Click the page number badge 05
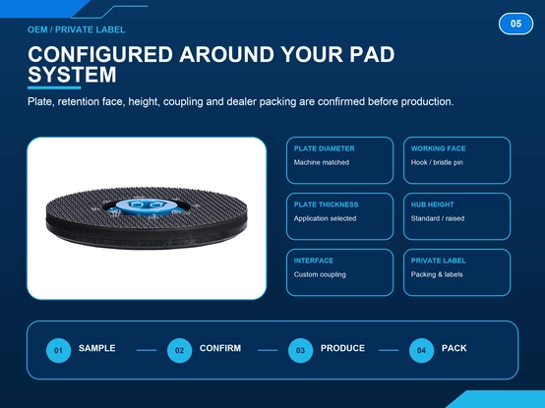pos(515,24)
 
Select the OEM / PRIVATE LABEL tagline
pos(77,29)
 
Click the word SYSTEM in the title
pos(72,75)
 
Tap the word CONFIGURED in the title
pos(100,54)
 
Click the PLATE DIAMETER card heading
pos(324,148)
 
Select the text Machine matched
pos(322,162)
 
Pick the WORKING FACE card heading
pos(438,148)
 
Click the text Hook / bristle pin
pos(437,162)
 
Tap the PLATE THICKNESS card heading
pos(326,204)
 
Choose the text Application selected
pos(325,218)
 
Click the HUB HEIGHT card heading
pos(433,204)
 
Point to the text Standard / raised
pos(438,218)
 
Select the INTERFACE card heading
pos(314,261)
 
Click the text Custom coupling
pos(320,274)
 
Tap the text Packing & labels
pos(437,274)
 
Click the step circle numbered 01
pos(58,350)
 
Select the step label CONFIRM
pos(220,348)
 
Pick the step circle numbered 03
pos(300,350)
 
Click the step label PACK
pos(454,348)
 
